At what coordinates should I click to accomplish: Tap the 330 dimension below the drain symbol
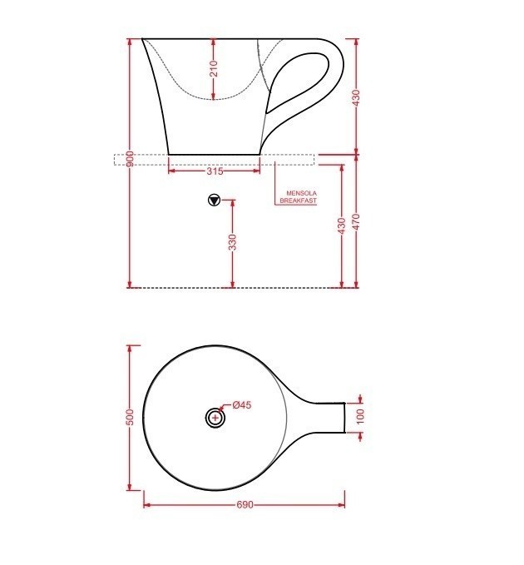(233, 242)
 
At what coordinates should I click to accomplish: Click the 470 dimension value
(357, 222)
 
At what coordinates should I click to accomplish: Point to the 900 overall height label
(131, 159)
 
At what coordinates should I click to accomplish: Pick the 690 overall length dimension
(245, 505)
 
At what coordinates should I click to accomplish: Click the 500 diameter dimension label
(130, 417)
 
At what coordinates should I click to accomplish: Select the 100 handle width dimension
(360, 416)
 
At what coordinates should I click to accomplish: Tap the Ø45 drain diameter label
(241, 405)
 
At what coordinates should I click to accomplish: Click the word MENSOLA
(302, 192)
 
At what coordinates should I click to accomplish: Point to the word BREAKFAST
(299, 201)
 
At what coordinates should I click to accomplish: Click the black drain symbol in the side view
(214, 200)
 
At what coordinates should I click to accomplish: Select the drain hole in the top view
(215, 417)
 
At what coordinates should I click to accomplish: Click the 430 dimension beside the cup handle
(357, 97)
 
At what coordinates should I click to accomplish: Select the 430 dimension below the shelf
(342, 226)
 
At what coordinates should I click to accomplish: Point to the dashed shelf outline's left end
(116, 160)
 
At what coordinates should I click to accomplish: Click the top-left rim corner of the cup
(142, 38)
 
